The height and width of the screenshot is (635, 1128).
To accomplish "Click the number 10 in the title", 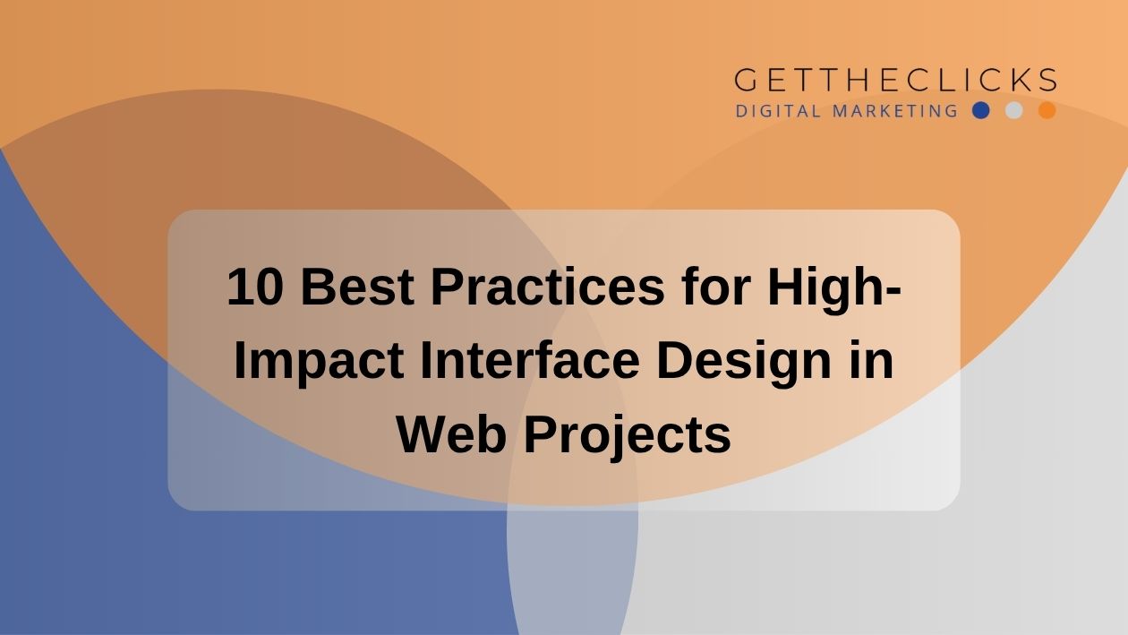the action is point(254,287).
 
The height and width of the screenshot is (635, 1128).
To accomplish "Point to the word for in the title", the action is point(716,287).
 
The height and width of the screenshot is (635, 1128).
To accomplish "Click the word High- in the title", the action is point(834,291).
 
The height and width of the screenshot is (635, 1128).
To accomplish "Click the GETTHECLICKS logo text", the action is point(895,80).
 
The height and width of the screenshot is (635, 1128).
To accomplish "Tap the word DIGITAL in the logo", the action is point(779,111).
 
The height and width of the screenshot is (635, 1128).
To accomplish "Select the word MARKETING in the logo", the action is point(895,111).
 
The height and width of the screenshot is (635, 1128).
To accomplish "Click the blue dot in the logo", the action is point(980,110).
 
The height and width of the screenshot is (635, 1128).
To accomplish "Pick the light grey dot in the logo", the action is point(1013,110).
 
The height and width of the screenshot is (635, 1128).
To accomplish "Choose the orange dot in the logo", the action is point(1047,110).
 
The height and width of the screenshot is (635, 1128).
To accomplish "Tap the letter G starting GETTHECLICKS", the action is point(746,80).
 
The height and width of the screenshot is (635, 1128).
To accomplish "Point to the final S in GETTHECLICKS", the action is point(1048,80).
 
